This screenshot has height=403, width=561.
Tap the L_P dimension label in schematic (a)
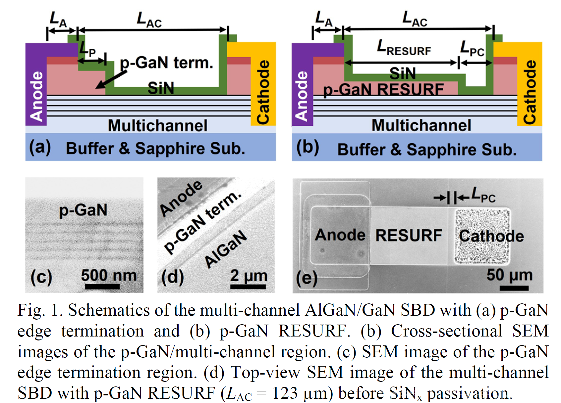pos(88,50)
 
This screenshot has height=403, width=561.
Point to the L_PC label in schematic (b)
pos(473,49)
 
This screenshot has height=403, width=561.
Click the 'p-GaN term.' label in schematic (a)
pos(166,63)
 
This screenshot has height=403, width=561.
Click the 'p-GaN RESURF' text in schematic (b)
pos(383,90)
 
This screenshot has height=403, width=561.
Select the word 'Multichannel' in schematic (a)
pos(158,126)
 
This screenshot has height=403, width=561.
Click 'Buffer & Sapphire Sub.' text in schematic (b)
pos(427,150)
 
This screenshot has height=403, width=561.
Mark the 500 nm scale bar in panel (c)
pos(102,287)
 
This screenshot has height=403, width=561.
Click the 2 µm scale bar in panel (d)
pos(248,287)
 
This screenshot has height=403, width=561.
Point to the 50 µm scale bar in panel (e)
pos(514,288)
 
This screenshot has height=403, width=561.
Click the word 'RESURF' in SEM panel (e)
pos(409,236)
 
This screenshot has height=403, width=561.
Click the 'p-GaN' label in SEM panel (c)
pos(83,210)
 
